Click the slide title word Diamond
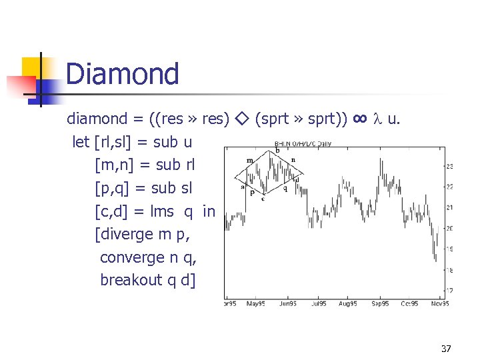coord(123,74)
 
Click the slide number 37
coord(446,348)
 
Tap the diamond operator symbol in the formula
coord(242,119)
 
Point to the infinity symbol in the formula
coord(359,119)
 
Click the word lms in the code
coord(163,211)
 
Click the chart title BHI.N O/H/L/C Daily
coord(303,143)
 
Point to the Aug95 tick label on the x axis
coord(348,304)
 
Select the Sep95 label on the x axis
coord(379,304)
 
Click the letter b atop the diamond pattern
coord(277,151)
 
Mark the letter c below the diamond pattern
coord(263,198)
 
